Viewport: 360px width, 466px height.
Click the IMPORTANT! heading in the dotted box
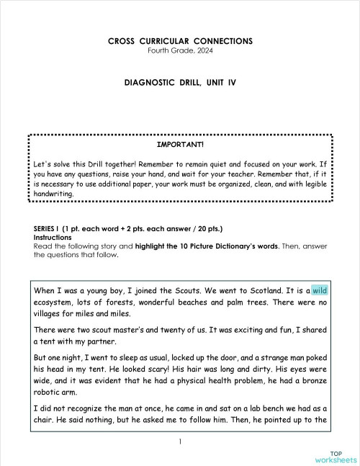(180, 144)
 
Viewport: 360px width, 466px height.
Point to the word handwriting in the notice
(53, 194)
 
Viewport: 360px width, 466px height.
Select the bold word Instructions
(53, 237)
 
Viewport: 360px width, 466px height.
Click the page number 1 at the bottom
(180, 441)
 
